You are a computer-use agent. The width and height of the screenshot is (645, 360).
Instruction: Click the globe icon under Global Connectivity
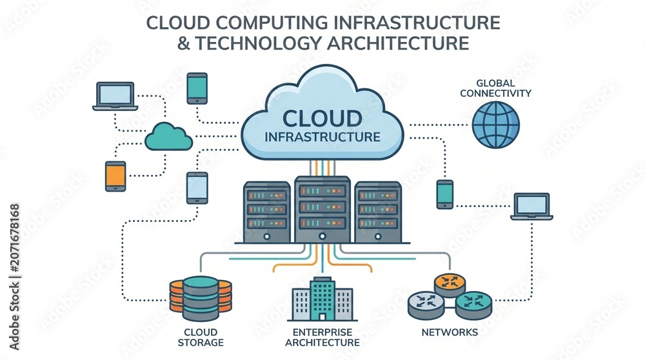click(495, 125)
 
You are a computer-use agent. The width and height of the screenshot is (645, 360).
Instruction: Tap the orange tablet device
click(115, 176)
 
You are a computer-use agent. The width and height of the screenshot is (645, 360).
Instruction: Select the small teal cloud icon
click(168, 137)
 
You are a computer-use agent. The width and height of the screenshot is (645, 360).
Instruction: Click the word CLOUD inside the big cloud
click(322, 119)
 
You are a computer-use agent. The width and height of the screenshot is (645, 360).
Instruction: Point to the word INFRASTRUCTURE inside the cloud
click(322, 137)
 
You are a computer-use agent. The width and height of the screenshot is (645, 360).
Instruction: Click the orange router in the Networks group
click(450, 285)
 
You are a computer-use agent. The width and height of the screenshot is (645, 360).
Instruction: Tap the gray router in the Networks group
click(426, 305)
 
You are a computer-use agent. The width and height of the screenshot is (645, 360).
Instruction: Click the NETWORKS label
click(450, 332)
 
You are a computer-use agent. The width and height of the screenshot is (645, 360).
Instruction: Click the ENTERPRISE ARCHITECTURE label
click(322, 337)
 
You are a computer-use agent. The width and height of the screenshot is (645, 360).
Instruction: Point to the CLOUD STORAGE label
click(201, 337)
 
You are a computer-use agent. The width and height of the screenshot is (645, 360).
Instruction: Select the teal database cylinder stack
click(201, 299)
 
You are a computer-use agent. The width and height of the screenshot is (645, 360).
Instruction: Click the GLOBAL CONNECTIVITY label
click(495, 88)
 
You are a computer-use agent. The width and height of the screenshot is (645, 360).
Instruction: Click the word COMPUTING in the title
click(272, 23)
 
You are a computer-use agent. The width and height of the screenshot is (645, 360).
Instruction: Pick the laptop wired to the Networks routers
click(531, 206)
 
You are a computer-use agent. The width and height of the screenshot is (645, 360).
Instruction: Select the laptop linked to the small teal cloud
click(115, 96)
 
